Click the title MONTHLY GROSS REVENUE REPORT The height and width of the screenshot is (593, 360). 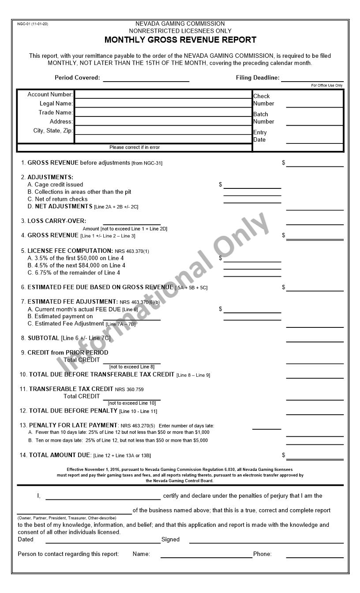point(180,40)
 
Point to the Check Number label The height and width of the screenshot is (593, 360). point(263,100)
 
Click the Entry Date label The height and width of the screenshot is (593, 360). point(260,136)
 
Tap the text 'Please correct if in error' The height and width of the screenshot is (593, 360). point(135,147)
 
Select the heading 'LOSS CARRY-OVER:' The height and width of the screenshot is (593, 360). point(57,221)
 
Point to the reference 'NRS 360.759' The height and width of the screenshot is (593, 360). point(129,390)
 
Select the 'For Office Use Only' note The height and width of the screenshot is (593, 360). point(326,86)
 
